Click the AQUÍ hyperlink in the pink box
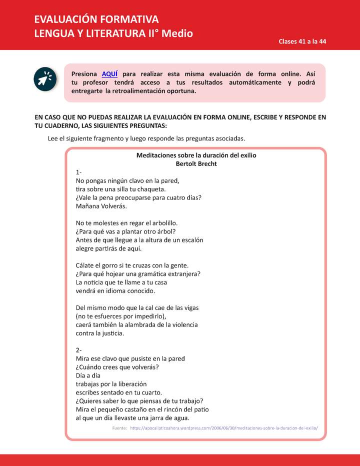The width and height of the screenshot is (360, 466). [109, 74]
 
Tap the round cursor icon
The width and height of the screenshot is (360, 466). [44, 78]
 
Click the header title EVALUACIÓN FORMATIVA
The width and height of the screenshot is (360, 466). [96, 19]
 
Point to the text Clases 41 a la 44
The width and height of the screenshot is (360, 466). [302, 41]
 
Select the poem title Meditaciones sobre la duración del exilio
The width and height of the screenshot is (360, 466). [196, 155]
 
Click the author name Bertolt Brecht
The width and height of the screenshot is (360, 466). [196, 163]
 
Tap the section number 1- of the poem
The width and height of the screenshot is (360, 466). [79, 172]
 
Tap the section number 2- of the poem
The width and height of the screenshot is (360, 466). [79, 350]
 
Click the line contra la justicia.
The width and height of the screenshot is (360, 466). [100, 333]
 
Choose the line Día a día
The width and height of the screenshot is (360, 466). [88, 375]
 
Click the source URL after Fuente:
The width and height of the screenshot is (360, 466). [223, 428]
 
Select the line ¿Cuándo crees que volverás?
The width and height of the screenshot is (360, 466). [117, 367]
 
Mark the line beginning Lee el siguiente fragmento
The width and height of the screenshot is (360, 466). [146, 138]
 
